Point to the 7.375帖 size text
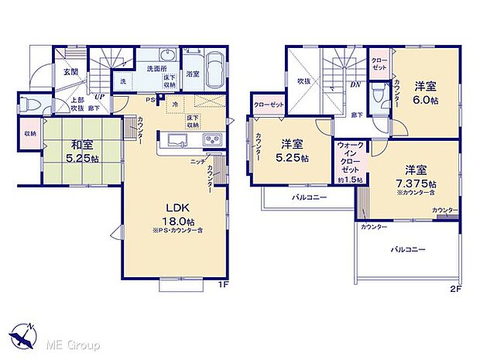click(421, 184)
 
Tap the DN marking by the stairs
click(355, 85)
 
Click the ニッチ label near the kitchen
click(197, 162)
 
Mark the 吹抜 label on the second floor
click(305, 79)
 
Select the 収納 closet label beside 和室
click(29, 132)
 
